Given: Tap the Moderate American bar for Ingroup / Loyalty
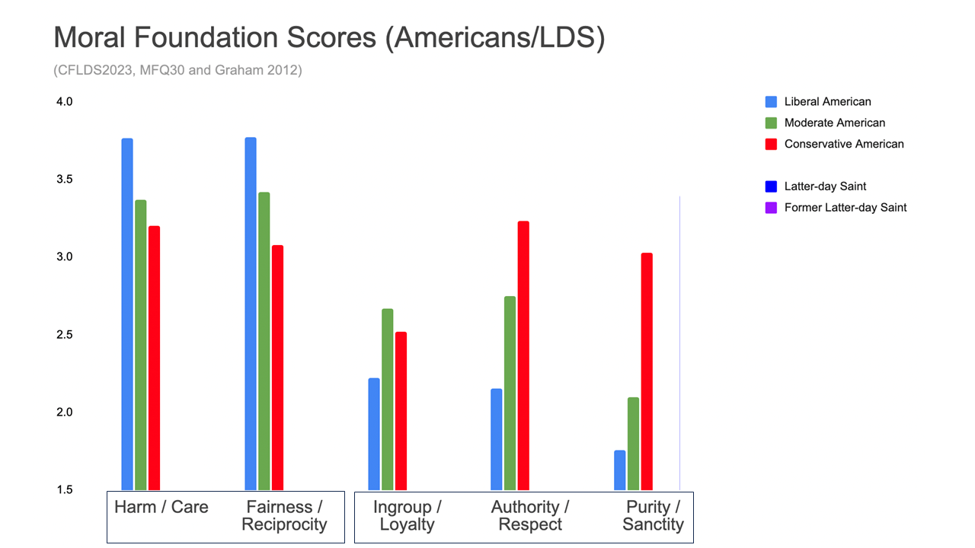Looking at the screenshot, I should (388, 399).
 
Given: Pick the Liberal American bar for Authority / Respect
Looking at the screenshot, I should (497, 439).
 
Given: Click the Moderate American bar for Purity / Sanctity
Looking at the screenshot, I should (633, 443).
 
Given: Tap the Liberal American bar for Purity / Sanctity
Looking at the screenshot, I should (620, 470).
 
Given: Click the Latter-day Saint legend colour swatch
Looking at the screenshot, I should (771, 186).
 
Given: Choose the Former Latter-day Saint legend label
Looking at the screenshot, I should (846, 207).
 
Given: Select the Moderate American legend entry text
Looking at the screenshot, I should (835, 123).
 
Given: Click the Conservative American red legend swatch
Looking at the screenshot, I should (771, 144).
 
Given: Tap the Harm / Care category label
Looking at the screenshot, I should (161, 508).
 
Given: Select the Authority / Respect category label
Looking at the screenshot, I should (530, 515).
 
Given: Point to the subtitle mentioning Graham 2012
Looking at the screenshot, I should (177, 71).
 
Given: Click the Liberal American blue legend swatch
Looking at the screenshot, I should (771, 102).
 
